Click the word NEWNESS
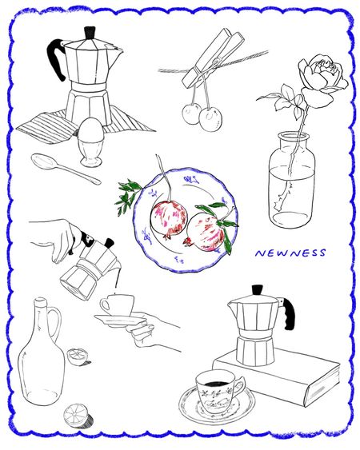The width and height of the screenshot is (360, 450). tap(290, 253)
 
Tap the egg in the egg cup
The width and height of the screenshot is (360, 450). tap(90, 129)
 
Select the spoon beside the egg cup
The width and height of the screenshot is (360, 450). tap(66, 168)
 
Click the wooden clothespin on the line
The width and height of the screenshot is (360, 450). tap(212, 58)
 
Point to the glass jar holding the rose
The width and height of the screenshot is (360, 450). tap(291, 180)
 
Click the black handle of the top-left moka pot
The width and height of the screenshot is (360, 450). tap(56, 58)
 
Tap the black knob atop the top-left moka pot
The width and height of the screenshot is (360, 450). tap(90, 33)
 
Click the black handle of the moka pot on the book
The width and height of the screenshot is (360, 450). tap(288, 313)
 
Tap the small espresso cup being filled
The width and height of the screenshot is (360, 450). tap(116, 305)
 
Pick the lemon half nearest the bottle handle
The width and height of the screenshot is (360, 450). tap(78, 356)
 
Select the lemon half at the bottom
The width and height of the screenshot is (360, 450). tap(77, 415)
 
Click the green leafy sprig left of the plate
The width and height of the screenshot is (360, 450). tap(128, 196)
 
